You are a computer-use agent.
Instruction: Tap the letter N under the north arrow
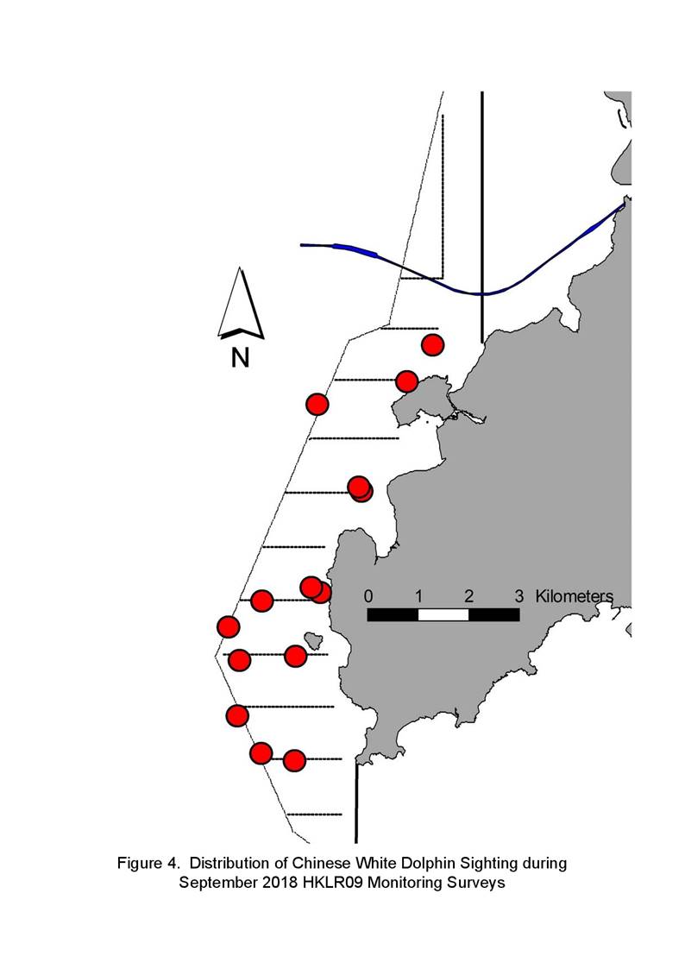coord(241,358)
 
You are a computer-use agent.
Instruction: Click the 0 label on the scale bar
coord(368,596)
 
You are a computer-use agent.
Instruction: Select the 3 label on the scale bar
coord(519,596)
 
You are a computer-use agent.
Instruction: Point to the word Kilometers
coord(575,596)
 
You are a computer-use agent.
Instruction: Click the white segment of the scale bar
coord(443,615)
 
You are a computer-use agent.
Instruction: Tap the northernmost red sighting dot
coord(433,344)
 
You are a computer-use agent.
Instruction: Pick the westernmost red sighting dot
coord(229,626)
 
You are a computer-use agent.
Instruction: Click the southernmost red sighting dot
coord(295,761)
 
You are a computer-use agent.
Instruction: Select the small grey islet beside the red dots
coord(314,641)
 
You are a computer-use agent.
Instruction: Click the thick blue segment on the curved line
coord(355,249)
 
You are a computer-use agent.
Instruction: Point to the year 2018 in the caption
coord(281,882)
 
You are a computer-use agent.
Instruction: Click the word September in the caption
coord(218,882)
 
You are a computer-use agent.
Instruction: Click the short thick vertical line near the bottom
coord(356,802)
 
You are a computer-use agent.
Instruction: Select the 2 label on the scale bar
coord(468,596)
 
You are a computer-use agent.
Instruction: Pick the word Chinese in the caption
coord(321,863)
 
